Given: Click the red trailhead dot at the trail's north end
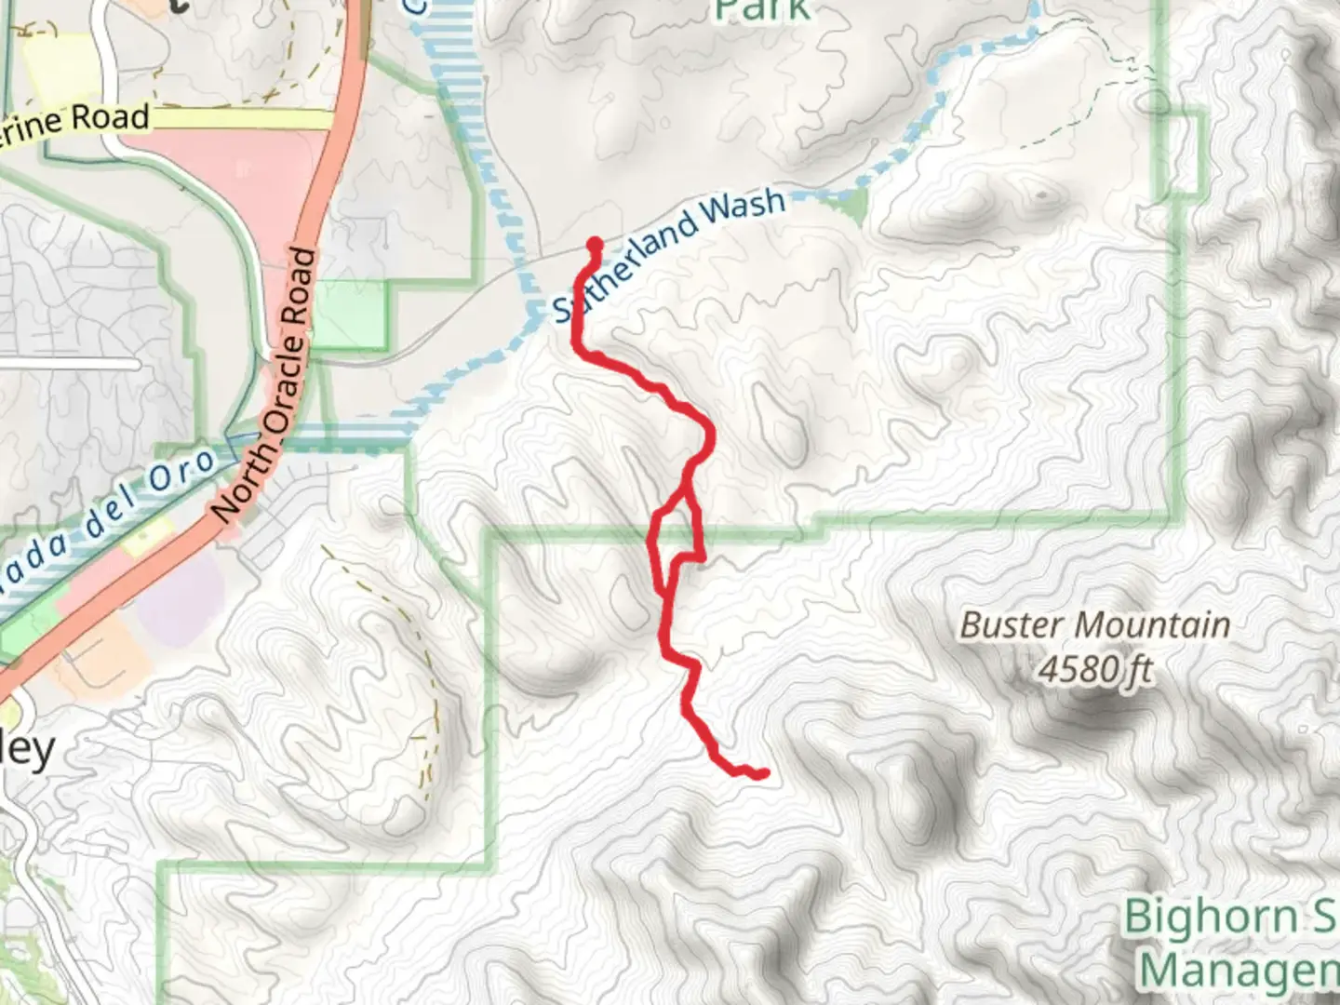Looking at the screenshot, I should pos(594,245).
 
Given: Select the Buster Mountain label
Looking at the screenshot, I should pos(1094,624).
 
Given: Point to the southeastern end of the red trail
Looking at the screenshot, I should pos(763,773).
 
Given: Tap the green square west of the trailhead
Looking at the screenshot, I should pos(350,315).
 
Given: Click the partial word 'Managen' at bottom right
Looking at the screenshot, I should pos(1238,970).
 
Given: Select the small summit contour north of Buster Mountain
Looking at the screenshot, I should pos(1040,195).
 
